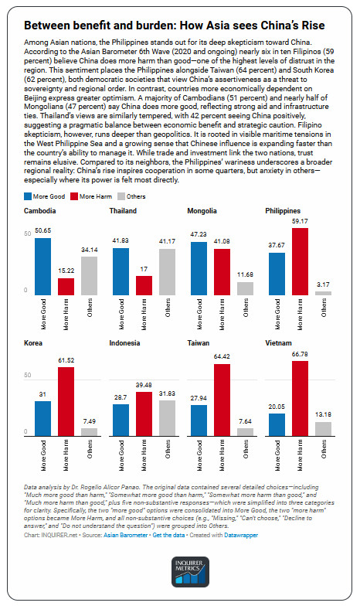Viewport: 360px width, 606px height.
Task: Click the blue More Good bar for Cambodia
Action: tap(43, 267)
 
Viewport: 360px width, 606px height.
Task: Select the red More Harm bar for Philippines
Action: tap(299, 262)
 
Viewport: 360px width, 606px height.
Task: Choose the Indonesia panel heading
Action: tap(125, 342)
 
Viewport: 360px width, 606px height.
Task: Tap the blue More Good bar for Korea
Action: tap(43, 417)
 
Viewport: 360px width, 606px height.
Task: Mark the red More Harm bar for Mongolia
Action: tap(223, 272)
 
